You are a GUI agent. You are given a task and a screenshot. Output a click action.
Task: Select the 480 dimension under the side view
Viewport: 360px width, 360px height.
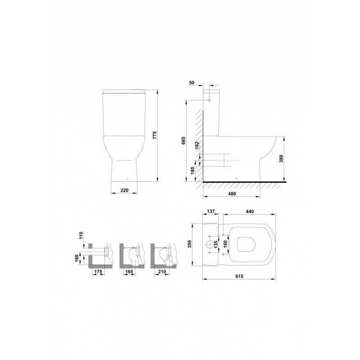click(x=231, y=193)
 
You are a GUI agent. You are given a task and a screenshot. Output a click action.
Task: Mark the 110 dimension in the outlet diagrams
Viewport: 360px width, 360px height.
click(x=81, y=236)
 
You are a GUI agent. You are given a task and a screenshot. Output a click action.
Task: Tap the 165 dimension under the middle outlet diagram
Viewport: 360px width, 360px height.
click(x=129, y=272)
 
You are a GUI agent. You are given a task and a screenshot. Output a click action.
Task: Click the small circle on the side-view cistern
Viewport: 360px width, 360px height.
click(x=210, y=101)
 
